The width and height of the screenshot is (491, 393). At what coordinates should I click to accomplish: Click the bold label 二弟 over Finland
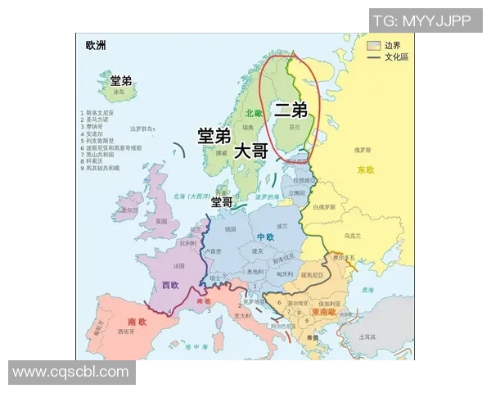(291, 108)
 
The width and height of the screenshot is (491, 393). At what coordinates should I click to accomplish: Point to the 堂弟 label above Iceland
(121, 80)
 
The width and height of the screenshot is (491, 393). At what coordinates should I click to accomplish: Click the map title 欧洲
(96, 44)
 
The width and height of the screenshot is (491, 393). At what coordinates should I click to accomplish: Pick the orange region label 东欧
(365, 170)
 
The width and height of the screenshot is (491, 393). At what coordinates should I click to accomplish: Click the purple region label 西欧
(169, 285)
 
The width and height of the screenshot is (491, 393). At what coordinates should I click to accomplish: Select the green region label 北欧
(253, 113)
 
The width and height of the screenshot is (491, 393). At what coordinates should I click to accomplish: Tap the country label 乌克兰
(352, 236)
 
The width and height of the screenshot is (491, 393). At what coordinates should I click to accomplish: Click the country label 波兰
(282, 225)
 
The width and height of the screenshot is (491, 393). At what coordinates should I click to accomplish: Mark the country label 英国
(161, 222)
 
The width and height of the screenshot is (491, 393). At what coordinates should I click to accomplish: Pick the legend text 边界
(393, 46)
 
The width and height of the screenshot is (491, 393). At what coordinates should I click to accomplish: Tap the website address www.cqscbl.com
(70, 373)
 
